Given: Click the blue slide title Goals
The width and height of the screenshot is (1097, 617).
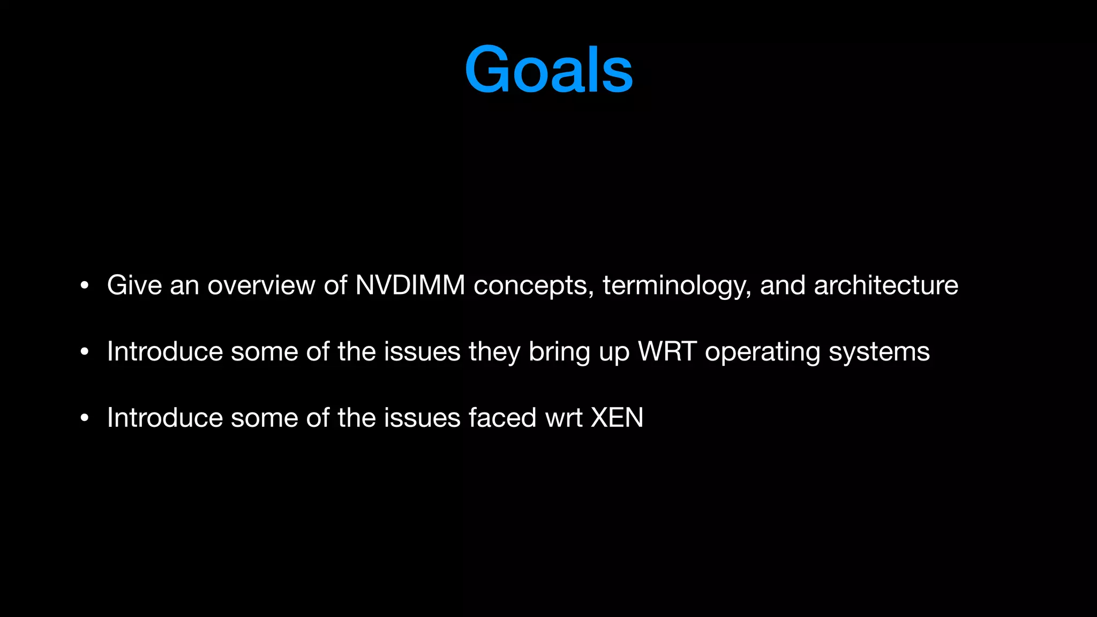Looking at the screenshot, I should (x=548, y=70).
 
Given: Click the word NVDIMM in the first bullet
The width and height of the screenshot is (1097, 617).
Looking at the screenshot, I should (x=410, y=285).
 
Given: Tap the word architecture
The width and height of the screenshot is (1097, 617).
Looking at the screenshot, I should (x=886, y=285).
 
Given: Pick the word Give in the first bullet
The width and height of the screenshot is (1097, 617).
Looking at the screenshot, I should (x=134, y=285).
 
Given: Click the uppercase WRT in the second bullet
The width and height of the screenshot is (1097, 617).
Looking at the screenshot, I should (x=667, y=351).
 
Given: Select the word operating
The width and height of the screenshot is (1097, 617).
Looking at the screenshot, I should (x=762, y=352).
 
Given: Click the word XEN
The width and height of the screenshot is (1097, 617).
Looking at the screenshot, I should (x=617, y=418).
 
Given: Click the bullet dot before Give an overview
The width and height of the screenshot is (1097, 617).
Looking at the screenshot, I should (x=84, y=286).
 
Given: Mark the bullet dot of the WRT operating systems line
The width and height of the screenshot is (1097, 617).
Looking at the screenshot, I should (x=84, y=352).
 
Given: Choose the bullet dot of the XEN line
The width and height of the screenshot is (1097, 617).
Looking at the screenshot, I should (x=84, y=418).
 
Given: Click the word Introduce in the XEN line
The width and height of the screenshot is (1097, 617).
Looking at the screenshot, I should (x=164, y=418).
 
